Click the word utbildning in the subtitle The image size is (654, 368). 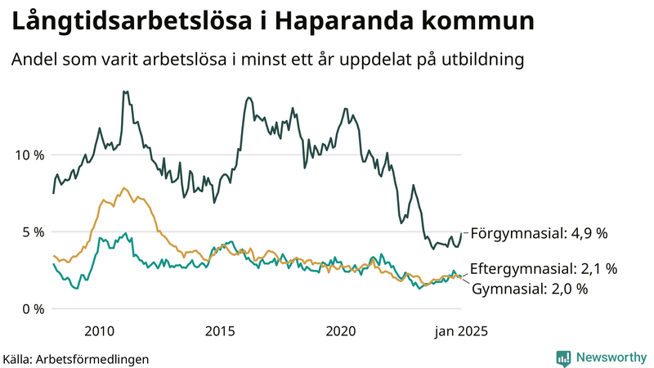coord(478,60)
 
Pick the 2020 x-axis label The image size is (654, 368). coord(342,330)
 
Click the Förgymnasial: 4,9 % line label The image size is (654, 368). coord(539,233)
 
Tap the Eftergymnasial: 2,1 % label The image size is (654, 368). coord(544,268)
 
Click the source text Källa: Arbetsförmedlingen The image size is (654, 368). coord(76,358)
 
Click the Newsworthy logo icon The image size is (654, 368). coord(563,357)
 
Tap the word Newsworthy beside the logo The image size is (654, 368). coord(611,357)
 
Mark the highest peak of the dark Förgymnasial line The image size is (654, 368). coord(124,92)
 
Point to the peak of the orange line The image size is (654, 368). coord(124,188)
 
